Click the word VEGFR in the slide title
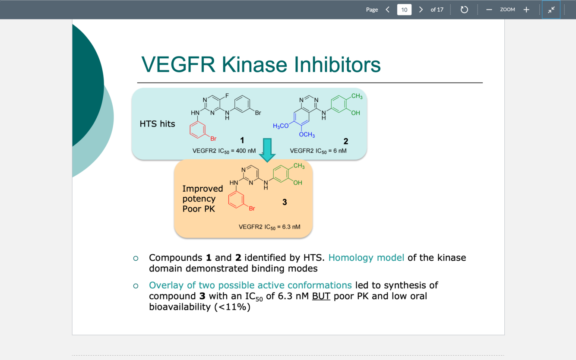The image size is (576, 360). tap(177, 65)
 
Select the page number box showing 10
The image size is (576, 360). tap(404, 9)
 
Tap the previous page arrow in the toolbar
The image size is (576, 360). tap(387, 9)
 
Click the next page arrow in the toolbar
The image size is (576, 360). tap(421, 9)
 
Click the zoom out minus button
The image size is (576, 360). tap(489, 9)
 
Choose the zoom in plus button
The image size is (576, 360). tap(526, 9)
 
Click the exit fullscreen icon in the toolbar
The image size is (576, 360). tap(551, 9)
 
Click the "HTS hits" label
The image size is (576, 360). tap(157, 124)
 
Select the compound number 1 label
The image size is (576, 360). tap(242, 140)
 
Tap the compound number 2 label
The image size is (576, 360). tap(345, 141)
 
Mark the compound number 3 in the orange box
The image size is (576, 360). tap(285, 202)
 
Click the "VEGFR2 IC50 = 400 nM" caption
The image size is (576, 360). tap(224, 151)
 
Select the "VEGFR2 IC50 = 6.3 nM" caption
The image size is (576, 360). tap(269, 227)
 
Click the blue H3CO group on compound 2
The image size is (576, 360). tap(281, 126)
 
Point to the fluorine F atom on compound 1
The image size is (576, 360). tap(227, 95)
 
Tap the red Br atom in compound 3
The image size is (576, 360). tap(252, 208)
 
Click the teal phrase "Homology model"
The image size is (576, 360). tap(366, 258)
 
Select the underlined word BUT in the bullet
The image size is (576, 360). tap(321, 296)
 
